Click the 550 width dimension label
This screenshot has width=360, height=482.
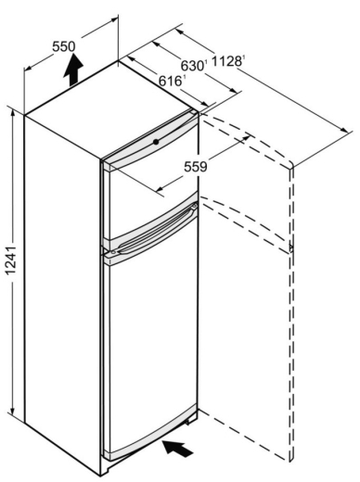(x=64, y=46)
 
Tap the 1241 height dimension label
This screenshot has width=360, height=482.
(x=11, y=260)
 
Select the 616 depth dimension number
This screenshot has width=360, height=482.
(x=170, y=81)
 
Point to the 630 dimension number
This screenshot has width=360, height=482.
(x=192, y=66)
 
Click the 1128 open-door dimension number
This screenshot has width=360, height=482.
(x=226, y=61)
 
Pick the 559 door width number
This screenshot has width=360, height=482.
(x=196, y=167)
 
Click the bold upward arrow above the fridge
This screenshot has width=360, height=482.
(x=73, y=70)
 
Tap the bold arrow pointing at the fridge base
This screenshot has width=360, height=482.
(x=178, y=448)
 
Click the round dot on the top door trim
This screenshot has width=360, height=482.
(x=156, y=142)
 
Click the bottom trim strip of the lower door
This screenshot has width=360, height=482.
(x=151, y=432)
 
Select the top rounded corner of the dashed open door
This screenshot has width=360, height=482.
(x=291, y=164)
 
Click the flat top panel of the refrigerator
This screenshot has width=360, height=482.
(x=109, y=109)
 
